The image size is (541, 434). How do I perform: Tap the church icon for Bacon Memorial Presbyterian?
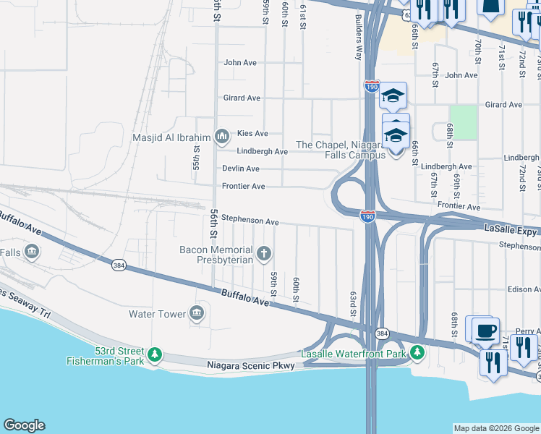[x=265, y=253]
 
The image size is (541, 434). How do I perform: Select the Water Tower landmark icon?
[x=196, y=313]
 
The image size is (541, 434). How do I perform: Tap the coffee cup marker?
[x=485, y=331]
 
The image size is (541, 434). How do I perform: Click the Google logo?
[x=25, y=425]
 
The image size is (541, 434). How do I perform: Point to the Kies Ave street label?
[x=252, y=134]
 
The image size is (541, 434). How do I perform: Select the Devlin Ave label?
[x=241, y=169]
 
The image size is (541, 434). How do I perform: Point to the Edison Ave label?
[x=524, y=289]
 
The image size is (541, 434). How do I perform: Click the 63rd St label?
[x=353, y=297]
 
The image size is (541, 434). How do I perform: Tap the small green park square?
[x=463, y=122]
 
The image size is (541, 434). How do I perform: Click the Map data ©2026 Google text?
[x=495, y=427]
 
